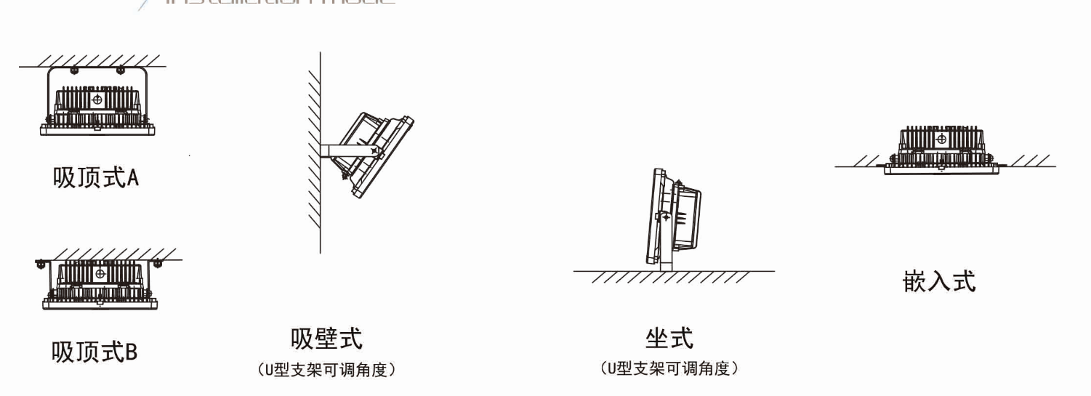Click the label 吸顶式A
tap(95, 177)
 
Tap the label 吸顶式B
tap(94, 352)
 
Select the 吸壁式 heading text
tap(326, 339)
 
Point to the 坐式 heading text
tap(669, 338)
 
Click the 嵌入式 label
tap(939, 280)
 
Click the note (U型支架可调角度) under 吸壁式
tap(326, 370)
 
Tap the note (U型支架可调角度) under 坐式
tap(669, 369)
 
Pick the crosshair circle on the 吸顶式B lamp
tap(98, 273)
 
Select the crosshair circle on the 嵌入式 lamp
tap(941, 138)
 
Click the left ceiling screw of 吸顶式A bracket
tap(74, 70)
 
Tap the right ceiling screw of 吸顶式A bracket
tap(120, 70)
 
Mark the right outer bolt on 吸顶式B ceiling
tap(157, 263)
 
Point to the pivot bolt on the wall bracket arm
tap(375, 150)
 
